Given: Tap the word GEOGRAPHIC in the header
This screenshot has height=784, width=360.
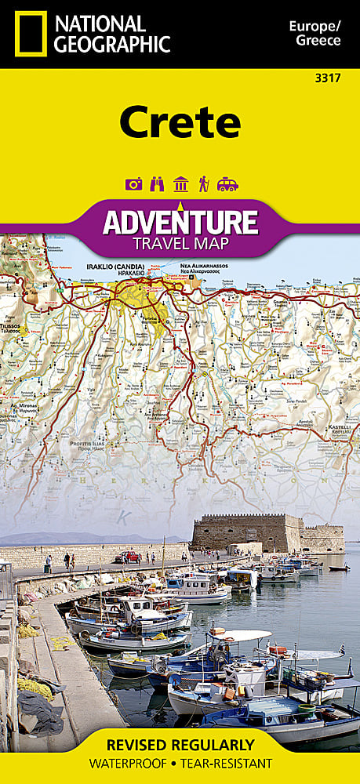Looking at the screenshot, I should (112, 44).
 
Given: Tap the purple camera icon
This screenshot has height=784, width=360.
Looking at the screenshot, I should (133, 184).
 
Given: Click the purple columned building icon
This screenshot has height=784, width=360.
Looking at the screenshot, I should (180, 184).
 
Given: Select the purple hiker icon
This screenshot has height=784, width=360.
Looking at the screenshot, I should (204, 184).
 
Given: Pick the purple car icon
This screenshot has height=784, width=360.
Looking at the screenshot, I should (227, 184).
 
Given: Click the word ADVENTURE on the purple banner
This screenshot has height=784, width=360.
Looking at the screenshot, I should (180, 223).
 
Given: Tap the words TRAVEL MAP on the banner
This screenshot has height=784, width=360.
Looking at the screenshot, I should (180, 243).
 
